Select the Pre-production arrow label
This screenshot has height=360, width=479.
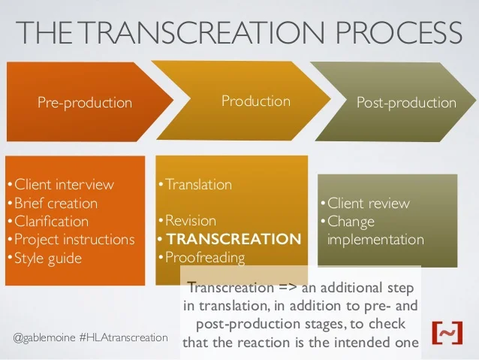coord(85,102)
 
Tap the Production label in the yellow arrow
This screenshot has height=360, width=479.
coord(255,101)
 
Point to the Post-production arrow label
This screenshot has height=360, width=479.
coord(406,102)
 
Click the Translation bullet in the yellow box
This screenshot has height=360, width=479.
coord(197,184)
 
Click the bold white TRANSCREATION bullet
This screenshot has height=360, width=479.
coord(232,240)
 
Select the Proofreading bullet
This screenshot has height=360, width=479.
coord(204,258)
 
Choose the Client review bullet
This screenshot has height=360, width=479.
coord(368,203)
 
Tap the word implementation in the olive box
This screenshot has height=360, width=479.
coord(375,240)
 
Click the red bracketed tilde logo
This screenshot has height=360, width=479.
coord(447,331)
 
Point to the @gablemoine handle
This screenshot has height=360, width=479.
coord(44,337)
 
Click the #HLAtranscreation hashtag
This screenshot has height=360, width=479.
coord(123,337)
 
